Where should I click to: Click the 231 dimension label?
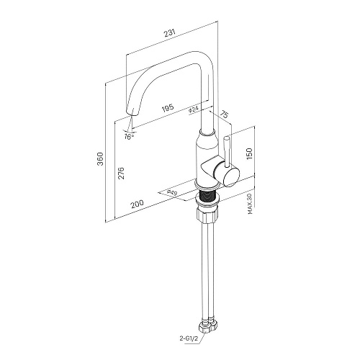[170, 33]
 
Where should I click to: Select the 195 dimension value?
[168, 108]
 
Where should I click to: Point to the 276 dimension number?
[122, 173]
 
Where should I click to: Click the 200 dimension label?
[137, 204]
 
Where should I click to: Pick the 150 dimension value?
[249, 153]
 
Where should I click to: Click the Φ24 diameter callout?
[194, 109]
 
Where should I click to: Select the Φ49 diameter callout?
[172, 193]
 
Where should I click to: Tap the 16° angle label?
[129, 137]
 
